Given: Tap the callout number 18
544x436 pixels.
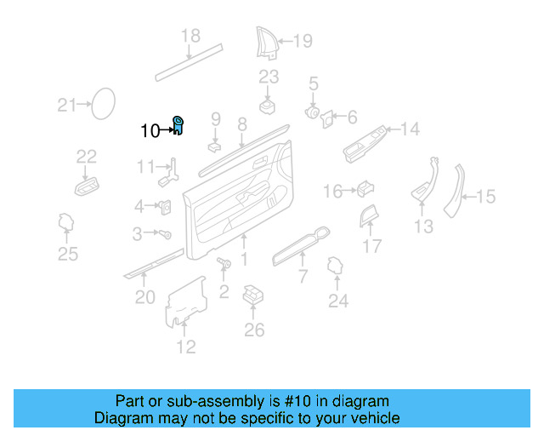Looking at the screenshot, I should (190, 36).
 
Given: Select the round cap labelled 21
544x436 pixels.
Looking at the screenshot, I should (104, 104).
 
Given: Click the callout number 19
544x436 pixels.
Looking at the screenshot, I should (303, 39).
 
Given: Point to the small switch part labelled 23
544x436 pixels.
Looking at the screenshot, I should (269, 106).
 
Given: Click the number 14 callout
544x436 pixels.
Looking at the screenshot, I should (410, 129).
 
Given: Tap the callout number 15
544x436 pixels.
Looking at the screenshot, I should (484, 198).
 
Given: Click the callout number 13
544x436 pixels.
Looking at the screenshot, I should (423, 226).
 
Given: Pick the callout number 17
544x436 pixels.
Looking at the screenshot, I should (372, 247).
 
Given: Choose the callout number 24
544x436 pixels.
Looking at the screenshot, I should (338, 300).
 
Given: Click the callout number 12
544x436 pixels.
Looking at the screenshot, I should (185, 346).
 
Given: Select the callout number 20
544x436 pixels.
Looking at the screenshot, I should (145, 296).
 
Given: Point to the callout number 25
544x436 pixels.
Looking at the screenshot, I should (67, 253).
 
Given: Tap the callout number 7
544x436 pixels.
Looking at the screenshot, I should (302, 277).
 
